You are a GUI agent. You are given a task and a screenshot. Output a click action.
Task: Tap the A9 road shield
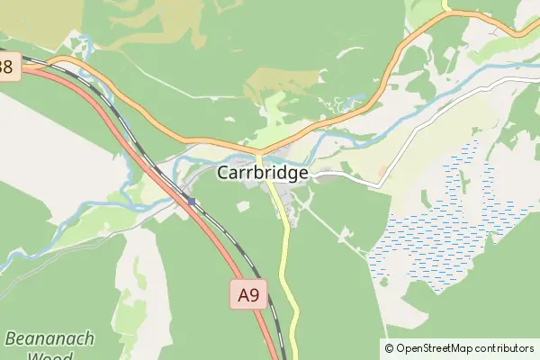[x=248, y=293]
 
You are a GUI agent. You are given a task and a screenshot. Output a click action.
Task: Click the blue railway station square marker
[x=192, y=202]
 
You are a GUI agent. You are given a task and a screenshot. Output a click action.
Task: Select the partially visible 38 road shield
[x=8, y=66]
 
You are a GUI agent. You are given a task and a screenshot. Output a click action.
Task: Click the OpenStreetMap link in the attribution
[x=434, y=348]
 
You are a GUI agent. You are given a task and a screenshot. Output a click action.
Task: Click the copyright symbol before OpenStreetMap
[x=390, y=348]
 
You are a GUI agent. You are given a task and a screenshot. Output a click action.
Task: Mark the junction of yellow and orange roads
[x=259, y=151]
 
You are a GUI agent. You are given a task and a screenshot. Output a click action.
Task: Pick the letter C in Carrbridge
[x=224, y=173]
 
